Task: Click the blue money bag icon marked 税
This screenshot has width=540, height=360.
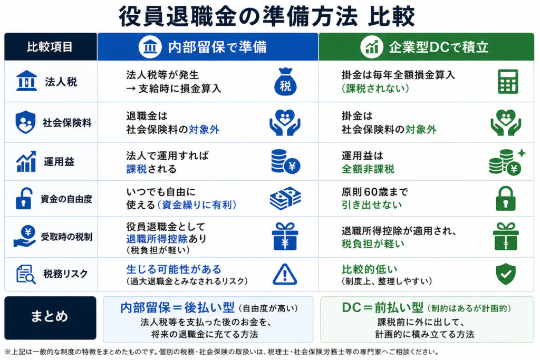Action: (285, 82)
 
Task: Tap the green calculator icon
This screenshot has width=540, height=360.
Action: (508, 82)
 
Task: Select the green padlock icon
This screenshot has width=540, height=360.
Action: (506, 199)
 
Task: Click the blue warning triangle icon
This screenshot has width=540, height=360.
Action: (285, 274)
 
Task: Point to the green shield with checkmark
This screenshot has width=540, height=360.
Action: (506, 274)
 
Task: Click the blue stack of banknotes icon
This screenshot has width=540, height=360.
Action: (285, 198)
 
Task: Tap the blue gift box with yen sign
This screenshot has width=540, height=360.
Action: (285, 237)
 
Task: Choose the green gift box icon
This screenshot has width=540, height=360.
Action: (506, 237)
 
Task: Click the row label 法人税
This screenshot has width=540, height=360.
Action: (61, 82)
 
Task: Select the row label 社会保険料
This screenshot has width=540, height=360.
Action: (67, 123)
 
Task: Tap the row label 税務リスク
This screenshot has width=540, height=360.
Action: (65, 274)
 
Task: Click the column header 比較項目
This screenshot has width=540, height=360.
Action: (50, 47)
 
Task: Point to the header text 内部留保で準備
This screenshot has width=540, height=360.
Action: (217, 47)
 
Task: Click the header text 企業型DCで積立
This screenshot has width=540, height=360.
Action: (439, 47)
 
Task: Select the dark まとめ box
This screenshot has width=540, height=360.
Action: (50, 318)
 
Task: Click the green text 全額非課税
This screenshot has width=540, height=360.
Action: (368, 169)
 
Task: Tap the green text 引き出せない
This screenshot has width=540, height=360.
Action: (372, 205)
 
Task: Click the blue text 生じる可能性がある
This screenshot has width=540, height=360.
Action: (173, 269)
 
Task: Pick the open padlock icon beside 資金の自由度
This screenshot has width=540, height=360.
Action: (24, 199)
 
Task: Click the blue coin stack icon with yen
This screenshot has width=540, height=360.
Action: (285, 161)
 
